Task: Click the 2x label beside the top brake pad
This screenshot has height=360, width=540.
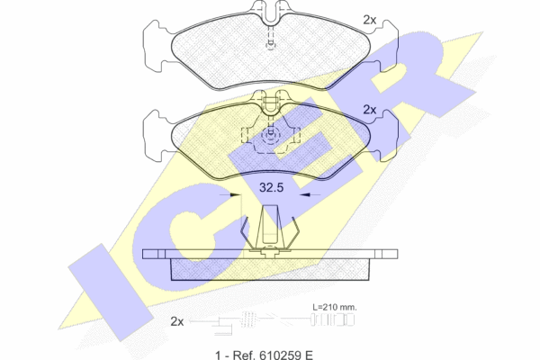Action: [370, 21]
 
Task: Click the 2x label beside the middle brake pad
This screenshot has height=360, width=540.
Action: [370, 110]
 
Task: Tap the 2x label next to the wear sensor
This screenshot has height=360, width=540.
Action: [177, 321]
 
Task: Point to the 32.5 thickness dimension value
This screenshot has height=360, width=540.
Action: [272, 188]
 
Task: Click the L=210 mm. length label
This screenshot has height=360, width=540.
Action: [335, 307]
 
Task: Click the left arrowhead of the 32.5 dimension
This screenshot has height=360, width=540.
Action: [236, 194]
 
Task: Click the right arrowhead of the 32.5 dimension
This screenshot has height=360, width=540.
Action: [305, 194]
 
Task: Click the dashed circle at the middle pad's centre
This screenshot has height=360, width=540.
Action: [271, 135]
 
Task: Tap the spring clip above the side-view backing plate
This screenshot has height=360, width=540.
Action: [270, 229]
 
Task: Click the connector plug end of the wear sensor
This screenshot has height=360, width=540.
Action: [333, 319]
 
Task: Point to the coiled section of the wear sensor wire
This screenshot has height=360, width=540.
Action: [249, 319]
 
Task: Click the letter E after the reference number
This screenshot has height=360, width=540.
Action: [308, 355]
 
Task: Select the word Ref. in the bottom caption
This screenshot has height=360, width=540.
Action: [243, 355]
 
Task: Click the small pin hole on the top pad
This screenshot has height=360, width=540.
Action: [271, 44]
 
